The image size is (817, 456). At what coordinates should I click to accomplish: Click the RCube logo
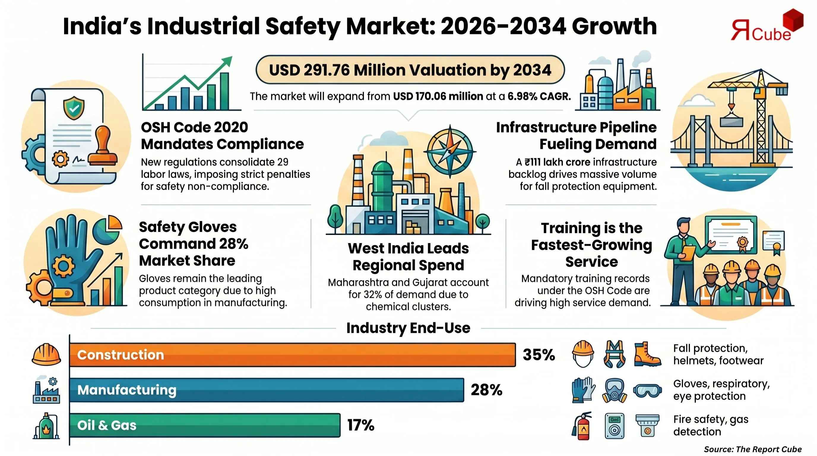point(766,27)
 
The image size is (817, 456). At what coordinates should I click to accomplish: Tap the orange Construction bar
point(292,354)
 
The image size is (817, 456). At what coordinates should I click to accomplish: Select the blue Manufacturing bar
point(266,390)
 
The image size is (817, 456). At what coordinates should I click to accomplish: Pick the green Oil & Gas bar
point(205,425)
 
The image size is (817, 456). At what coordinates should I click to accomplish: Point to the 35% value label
point(539,354)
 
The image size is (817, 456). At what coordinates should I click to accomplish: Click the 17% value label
point(361,425)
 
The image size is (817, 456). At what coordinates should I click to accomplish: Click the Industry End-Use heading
point(408,328)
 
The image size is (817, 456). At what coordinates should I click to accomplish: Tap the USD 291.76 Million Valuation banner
point(410,70)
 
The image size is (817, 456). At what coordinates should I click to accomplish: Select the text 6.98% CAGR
point(539,96)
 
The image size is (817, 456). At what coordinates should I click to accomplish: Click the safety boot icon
point(647,354)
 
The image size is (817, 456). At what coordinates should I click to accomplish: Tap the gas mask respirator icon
point(614,390)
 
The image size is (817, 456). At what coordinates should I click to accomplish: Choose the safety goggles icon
point(647,390)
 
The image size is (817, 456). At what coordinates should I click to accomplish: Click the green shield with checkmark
point(74,108)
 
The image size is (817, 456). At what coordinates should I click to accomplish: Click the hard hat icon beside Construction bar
point(46,354)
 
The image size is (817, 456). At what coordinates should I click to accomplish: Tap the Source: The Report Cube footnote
point(752,449)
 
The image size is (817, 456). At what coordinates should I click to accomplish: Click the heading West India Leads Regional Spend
point(408,256)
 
